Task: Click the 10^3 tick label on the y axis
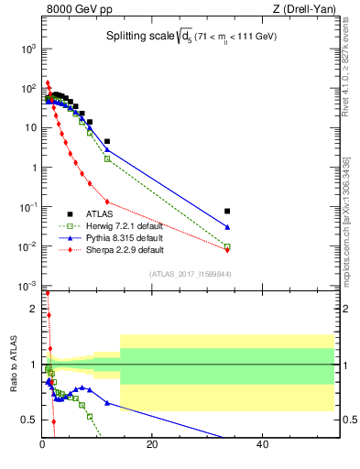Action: [x=28, y=49]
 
